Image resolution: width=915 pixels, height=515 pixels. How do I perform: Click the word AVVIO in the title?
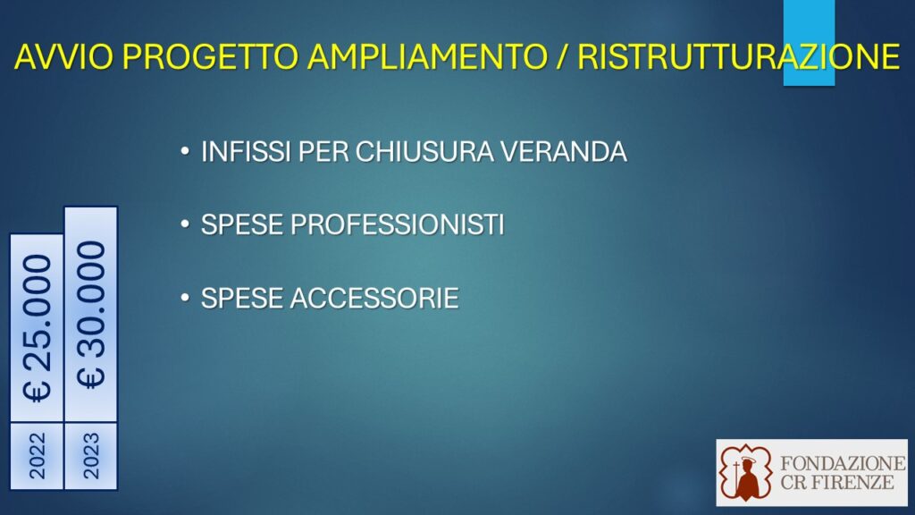(x=63, y=56)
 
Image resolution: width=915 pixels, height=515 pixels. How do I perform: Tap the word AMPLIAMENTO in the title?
(x=427, y=56)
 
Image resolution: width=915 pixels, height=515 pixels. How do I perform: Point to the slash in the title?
(x=562, y=56)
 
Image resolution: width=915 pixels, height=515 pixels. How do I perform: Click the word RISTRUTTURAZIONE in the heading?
(x=739, y=56)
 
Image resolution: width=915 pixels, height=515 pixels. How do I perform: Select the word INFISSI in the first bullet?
(x=246, y=152)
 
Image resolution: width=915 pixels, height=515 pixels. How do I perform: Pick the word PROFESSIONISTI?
(x=397, y=224)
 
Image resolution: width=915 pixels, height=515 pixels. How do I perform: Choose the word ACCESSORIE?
(x=374, y=298)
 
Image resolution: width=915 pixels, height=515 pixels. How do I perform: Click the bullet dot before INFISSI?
(x=185, y=152)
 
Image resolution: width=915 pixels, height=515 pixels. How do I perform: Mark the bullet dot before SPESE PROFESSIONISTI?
(x=185, y=224)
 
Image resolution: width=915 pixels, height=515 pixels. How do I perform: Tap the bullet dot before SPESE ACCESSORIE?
(x=185, y=298)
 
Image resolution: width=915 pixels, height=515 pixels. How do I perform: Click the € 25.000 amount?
(x=37, y=328)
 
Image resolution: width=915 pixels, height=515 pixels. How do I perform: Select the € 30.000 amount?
(x=91, y=314)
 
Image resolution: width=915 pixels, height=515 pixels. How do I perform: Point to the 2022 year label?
(x=37, y=456)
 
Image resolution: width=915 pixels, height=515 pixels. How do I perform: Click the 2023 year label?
(x=91, y=456)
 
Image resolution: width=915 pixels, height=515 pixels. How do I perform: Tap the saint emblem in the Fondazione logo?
(x=746, y=473)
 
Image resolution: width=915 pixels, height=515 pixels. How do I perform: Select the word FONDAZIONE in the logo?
(x=843, y=464)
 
